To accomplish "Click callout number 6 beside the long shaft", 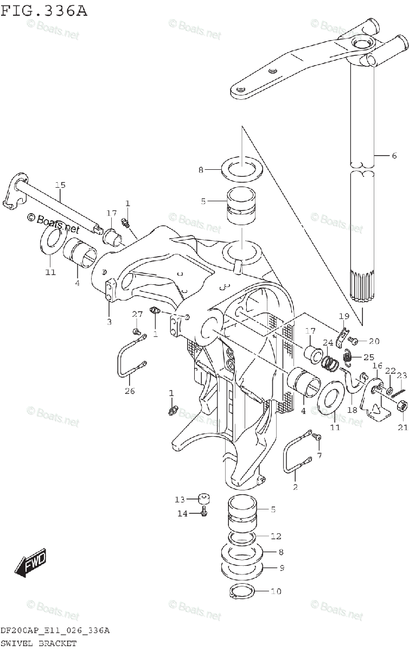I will pos(394,156).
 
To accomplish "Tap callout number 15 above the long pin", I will pos(60,186).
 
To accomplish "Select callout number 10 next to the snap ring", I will pos(276,591).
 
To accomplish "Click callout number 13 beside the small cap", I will pos(180,499).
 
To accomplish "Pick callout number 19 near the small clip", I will pos(344,316).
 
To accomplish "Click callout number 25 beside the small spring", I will pos(369,356).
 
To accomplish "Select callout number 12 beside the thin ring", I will pos(276,537).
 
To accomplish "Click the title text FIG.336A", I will pos(44,10).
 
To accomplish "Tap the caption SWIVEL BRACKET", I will pos(38,643).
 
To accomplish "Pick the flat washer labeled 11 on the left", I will pos(50,240).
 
